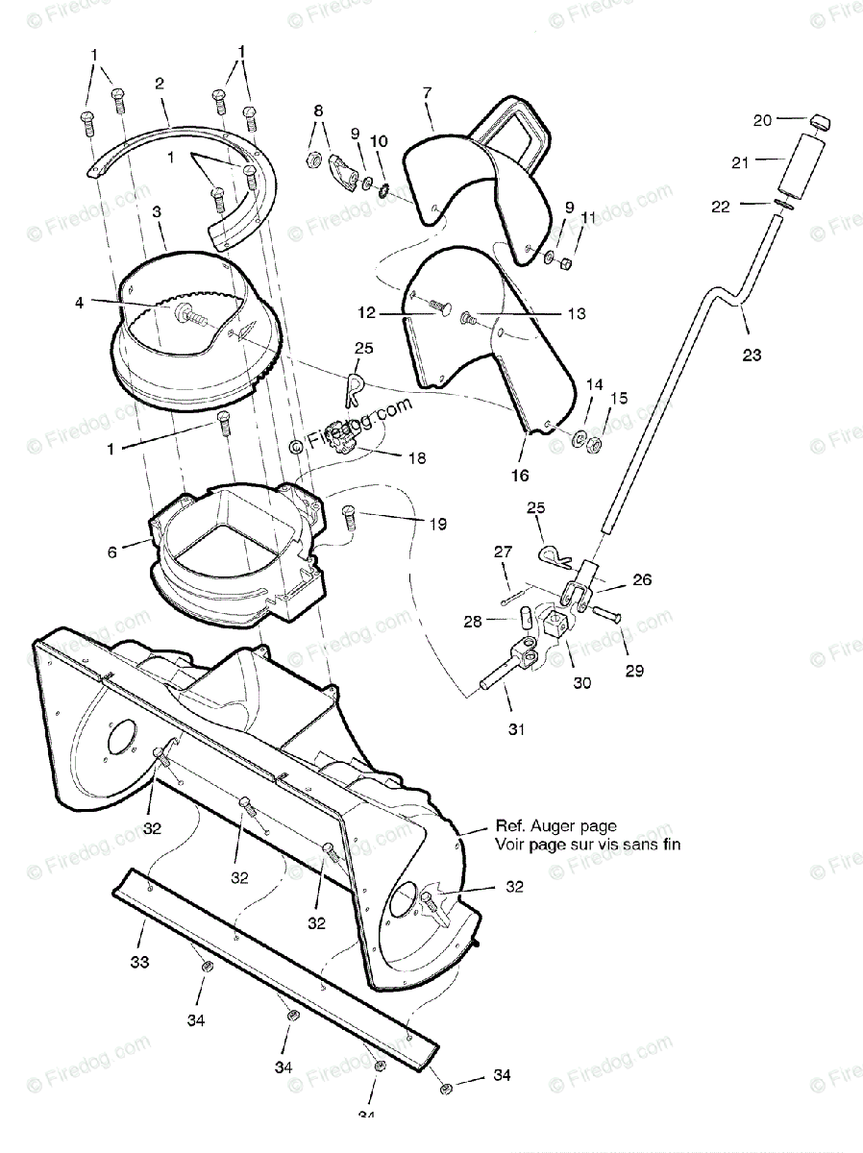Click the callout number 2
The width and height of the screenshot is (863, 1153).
pyautogui.click(x=160, y=83)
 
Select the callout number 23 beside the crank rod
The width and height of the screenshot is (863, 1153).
pyautogui.click(x=752, y=356)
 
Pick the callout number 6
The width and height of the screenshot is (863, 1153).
pyautogui.click(x=113, y=552)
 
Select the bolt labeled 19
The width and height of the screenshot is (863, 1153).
pyautogui.click(x=349, y=519)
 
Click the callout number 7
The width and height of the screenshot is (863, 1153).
pyautogui.click(x=428, y=93)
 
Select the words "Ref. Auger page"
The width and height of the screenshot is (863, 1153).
pyautogui.click(x=555, y=825)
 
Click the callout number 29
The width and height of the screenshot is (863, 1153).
pyautogui.click(x=634, y=671)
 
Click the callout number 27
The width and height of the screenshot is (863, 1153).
pyautogui.click(x=505, y=552)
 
